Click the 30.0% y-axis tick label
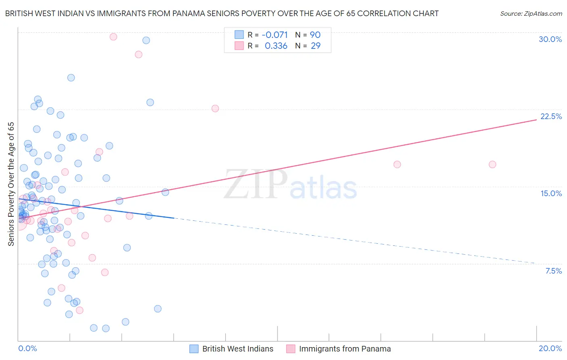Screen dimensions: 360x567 click(550, 39)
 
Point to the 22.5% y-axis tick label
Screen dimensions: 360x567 click(551, 116)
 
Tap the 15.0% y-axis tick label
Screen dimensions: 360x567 click(551, 193)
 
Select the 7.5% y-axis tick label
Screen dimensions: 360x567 click(553, 271)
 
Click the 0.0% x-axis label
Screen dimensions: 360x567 click(27, 348)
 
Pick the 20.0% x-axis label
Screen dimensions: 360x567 click(550, 348)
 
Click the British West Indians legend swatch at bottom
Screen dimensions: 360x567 click(194, 349)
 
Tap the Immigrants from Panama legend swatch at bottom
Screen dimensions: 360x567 click(291, 349)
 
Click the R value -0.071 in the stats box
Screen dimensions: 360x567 click(275, 35)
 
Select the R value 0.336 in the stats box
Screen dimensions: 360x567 click(276, 46)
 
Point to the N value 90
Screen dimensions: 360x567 click(315, 35)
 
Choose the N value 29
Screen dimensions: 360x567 click(315, 46)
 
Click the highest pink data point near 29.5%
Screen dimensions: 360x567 click(113, 37)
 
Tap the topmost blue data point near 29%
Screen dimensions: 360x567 click(146, 40)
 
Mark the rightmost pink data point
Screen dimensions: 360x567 click(492, 164)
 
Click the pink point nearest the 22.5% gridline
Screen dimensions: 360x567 click(215, 109)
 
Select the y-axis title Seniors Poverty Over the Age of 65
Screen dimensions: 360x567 click(11, 184)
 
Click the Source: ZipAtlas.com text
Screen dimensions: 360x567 click(531, 14)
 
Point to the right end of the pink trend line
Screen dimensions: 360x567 click(536, 120)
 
